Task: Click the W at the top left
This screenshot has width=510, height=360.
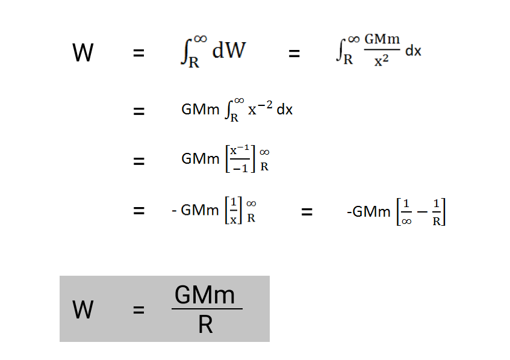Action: click(x=83, y=53)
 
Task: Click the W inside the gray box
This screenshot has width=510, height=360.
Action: click(x=83, y=310)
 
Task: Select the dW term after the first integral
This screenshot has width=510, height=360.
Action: click(x=229, y=51)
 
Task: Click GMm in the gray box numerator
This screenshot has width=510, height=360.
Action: click(x=205, y=295)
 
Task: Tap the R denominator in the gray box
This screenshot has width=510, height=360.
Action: click(x=205, y=325)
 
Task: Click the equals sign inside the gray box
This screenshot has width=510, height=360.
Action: click(x=138, y=311)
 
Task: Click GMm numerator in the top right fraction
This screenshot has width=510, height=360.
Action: click(x=382, y=39)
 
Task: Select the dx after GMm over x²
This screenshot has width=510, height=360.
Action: click(x=413, y=51)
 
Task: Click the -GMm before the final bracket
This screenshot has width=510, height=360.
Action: click(x=369, y=212)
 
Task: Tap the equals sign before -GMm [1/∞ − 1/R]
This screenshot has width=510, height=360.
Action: click(x=306, y=211)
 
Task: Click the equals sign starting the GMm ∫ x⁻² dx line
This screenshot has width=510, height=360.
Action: click(x=138, y=111)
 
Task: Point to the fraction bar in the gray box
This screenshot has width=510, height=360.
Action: click(x=207, y=309)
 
